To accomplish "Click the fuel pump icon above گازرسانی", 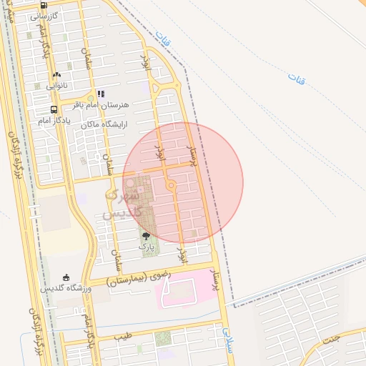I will pyautogui.click(x=44, y=4).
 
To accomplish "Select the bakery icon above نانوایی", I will pyautogui.click(x=56, y=74).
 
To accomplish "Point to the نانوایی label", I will pyautogui.click(x=56, y=85).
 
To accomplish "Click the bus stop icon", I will pyautogui.click(x=54, y=109).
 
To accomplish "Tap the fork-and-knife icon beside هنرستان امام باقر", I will pyautogui.click(x=101, y=93).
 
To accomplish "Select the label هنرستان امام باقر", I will pyautogui.click(x=99, y=104).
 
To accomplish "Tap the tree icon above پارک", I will pyautogui.click(x=147, y=236).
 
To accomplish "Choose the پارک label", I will pyautogui.click(x=147, y=246).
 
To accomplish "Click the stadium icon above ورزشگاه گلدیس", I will pyautogui.click(x=66, y=277).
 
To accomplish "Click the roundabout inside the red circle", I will pyautogui.click(x=172, y=187).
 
